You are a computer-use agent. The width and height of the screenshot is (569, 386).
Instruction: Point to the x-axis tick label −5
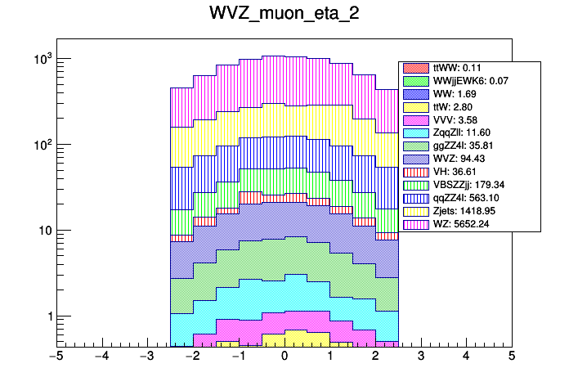[55, 357]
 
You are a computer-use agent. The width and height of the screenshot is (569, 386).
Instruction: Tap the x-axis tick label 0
[284, 357]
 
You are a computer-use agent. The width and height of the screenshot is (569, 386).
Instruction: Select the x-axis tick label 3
[420, 357]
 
